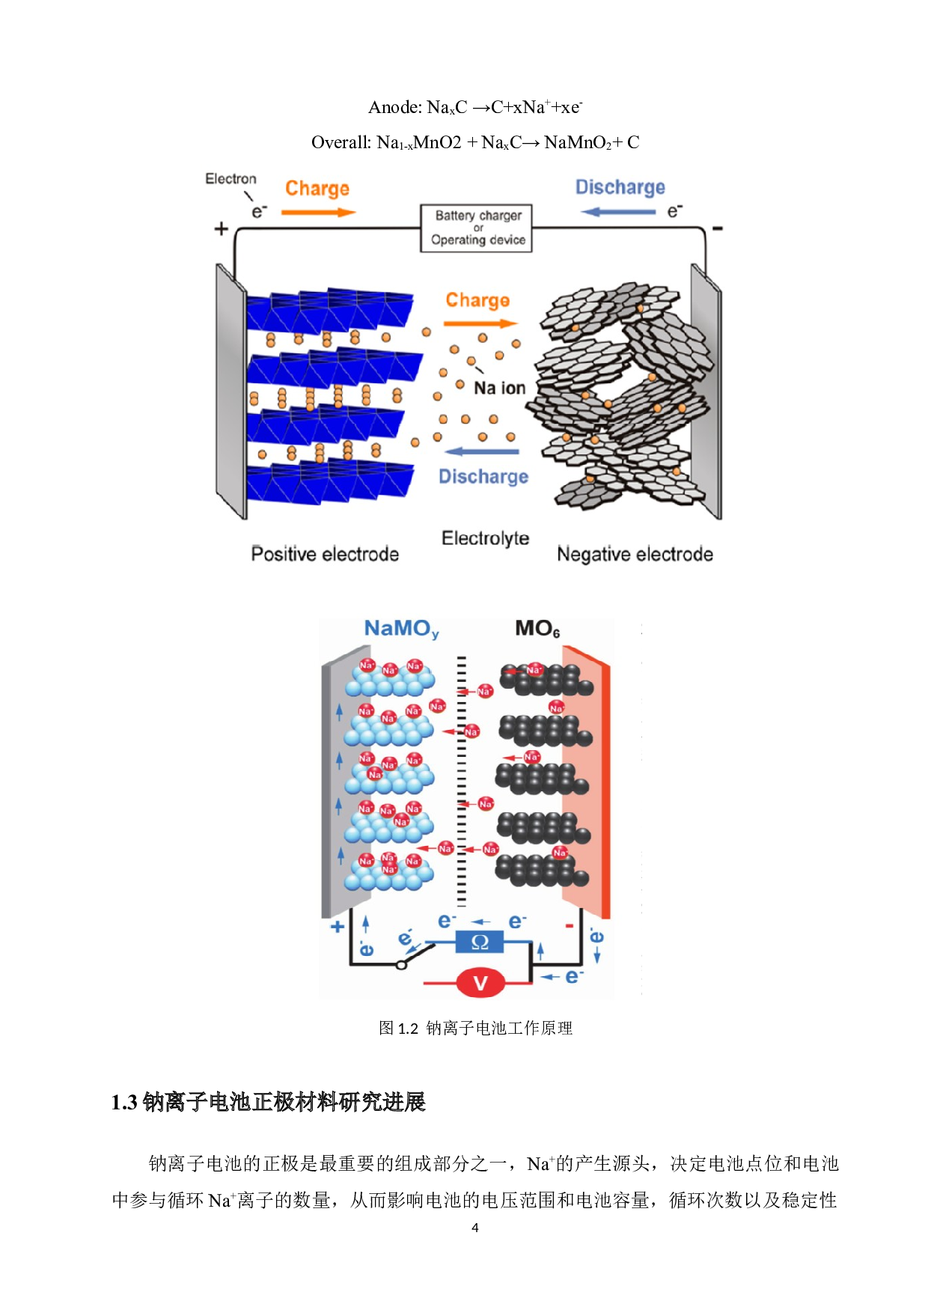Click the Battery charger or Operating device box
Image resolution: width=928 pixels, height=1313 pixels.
coord(476,228)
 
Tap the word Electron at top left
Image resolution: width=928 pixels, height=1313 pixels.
coord(231,179)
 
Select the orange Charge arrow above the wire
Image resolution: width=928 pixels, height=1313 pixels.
coord(318,213)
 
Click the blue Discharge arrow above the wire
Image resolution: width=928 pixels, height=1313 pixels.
coord(617,212)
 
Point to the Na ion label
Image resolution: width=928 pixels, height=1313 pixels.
coord(499,388)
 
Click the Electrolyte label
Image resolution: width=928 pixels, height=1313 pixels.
coord(485,538)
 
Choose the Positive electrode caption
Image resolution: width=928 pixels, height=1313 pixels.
coord(325,554)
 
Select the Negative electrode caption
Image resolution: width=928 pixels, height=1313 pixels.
coord(635,554)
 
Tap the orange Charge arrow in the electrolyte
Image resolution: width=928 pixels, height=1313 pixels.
coord(480,323)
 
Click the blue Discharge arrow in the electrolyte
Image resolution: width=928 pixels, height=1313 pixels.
coord(481,451)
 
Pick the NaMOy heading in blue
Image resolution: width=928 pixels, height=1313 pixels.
coord(401,629)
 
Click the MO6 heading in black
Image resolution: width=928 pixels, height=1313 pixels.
coord(537,629)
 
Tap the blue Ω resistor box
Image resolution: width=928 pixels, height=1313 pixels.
coord(479,942)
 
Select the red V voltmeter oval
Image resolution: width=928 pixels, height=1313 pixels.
coord(480,983)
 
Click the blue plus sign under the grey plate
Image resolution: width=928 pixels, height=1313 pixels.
coord(338,927)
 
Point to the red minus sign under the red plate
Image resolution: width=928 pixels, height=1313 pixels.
coord(570,926)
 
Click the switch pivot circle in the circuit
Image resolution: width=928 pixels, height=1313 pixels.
coord(401,965)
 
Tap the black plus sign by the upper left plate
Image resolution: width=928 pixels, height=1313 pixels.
coord(221,228)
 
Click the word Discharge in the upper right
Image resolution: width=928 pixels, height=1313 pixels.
coord(620,187)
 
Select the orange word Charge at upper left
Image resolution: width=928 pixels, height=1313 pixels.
coord(317,189)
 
